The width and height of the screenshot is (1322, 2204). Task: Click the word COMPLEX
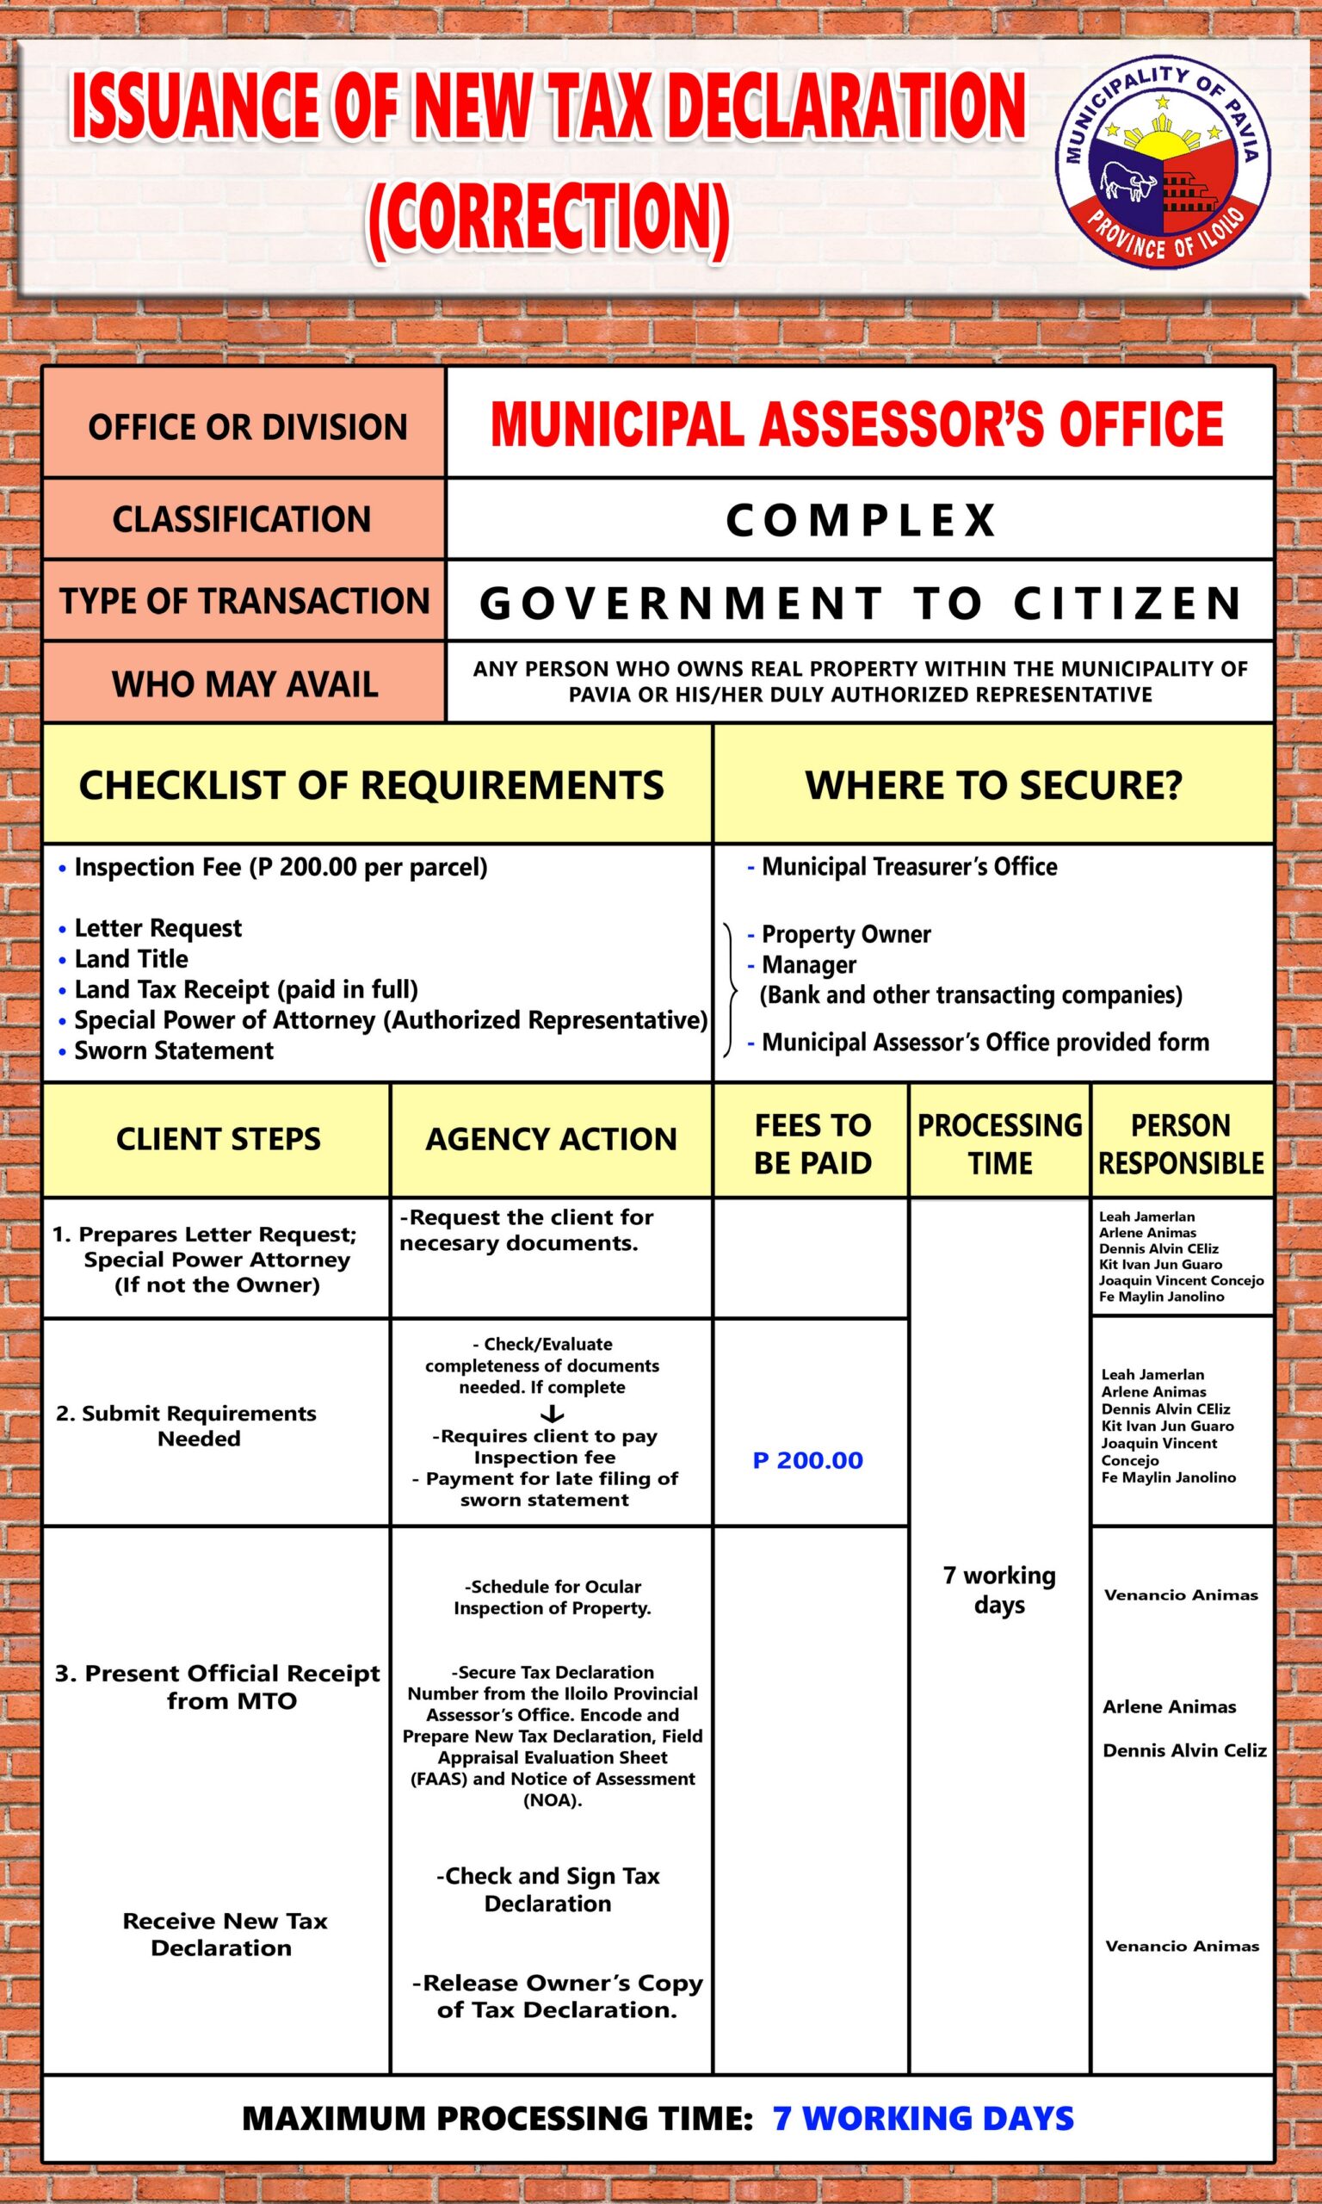point(861,520)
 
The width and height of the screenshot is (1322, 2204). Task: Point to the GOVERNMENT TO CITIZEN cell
point(861,602)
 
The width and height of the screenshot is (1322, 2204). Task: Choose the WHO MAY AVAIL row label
point(244,684)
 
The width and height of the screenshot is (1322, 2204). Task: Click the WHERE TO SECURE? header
point(993,785)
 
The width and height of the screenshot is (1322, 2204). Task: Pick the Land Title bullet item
point(131,958)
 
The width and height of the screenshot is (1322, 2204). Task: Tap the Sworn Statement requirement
point(174,1050)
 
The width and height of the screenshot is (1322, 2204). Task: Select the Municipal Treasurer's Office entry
point(909,867)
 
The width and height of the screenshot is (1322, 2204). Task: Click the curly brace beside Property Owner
point(731,990)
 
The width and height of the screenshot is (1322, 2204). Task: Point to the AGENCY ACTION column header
point(551,1139)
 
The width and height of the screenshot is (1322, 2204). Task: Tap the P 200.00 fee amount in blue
point(808,1460)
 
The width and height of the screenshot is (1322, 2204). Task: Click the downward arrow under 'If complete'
point(553,1413)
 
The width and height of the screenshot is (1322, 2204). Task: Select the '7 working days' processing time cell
point(998,1590)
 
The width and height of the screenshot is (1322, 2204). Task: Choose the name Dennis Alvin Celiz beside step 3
point(1184,1750)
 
